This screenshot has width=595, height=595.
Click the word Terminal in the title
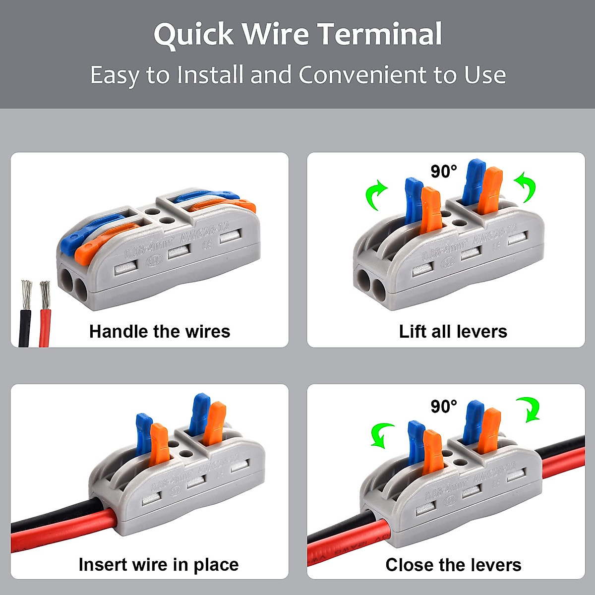click(379, 34)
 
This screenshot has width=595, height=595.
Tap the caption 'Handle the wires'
click(160, 331)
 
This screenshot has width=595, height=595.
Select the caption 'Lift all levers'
click(453, 331)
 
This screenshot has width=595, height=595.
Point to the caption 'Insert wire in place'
click(159, 564)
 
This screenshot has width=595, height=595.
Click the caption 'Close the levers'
click(453, 564)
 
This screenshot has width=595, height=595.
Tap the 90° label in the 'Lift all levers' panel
click(443, 172)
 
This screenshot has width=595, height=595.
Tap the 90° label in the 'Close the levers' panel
click(443, 407)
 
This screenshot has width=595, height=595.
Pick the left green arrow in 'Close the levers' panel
click(383, 435)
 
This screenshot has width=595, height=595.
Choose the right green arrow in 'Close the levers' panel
click(529, 409)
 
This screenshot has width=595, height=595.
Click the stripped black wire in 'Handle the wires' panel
click(25, 317)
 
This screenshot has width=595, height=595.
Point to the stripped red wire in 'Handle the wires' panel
click(45, 317)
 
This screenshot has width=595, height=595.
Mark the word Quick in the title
click(193, 34)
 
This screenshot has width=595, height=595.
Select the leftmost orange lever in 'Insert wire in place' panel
click(159, 444)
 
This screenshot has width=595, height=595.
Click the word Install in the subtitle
click(210, 75)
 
